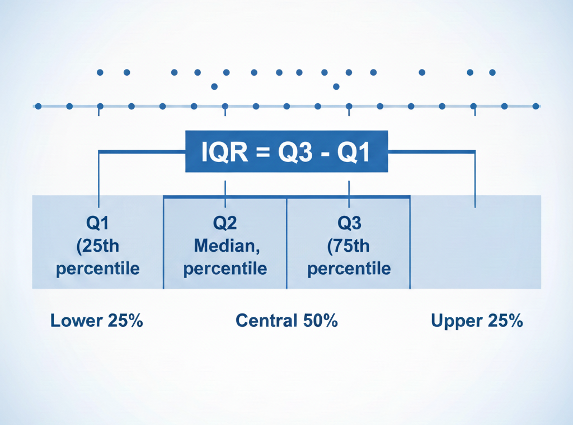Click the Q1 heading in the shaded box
(98, 223)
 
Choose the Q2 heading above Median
(225, 223)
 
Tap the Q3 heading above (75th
(349, 223)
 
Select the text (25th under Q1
(98, 246)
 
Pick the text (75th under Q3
(349, 246)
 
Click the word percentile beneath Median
(225, 268)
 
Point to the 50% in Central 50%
(320, 321)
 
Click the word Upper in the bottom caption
(457, 321)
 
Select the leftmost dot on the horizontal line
(38, 106)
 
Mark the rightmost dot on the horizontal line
(536, 106)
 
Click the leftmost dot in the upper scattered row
(100, 72)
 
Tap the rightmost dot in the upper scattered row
(492, 72)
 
